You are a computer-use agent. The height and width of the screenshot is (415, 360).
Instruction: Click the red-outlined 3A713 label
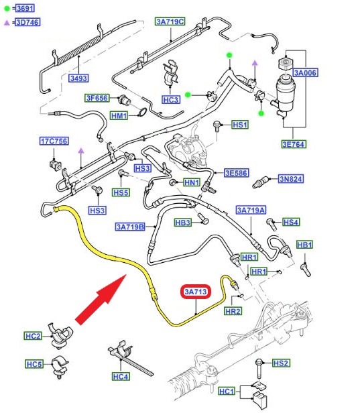coord(196,292)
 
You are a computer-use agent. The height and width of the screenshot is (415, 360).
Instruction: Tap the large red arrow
coord(101,299)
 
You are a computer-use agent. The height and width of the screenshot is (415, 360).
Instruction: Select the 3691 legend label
coord(25,8)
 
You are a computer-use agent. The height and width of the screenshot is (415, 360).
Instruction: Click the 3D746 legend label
coord(27,22)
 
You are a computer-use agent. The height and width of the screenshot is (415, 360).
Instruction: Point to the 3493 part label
coord(78,78)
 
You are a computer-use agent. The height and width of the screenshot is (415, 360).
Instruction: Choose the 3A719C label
coord(170,21)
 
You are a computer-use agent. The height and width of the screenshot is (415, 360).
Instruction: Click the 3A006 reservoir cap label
coord(305,73)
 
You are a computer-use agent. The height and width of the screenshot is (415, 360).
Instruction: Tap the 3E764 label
coord(294,144)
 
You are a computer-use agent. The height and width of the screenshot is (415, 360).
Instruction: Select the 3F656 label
coord(97,98)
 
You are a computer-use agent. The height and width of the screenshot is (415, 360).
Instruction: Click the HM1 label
coord(119,116)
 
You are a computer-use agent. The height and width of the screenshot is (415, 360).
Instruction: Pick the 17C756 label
coord(54,141)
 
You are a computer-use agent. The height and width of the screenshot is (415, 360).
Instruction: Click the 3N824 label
coord(291,179)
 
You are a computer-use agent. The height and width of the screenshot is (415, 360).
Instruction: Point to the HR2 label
coord(233,311)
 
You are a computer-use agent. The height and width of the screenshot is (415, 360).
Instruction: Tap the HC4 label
coord(121,376)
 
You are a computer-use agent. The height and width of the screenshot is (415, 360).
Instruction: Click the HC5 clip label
coord(34,364)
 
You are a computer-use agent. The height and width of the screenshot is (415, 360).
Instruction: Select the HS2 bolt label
coord(281,363)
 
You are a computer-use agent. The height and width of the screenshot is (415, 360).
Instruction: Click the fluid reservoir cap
coord(286,64)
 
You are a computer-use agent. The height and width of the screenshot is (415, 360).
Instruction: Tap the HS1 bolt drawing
coord(217,126)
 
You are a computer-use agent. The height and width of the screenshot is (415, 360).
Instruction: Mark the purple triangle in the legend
coord(7,23)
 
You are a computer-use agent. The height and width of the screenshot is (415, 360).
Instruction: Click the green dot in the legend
coord(7,9)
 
